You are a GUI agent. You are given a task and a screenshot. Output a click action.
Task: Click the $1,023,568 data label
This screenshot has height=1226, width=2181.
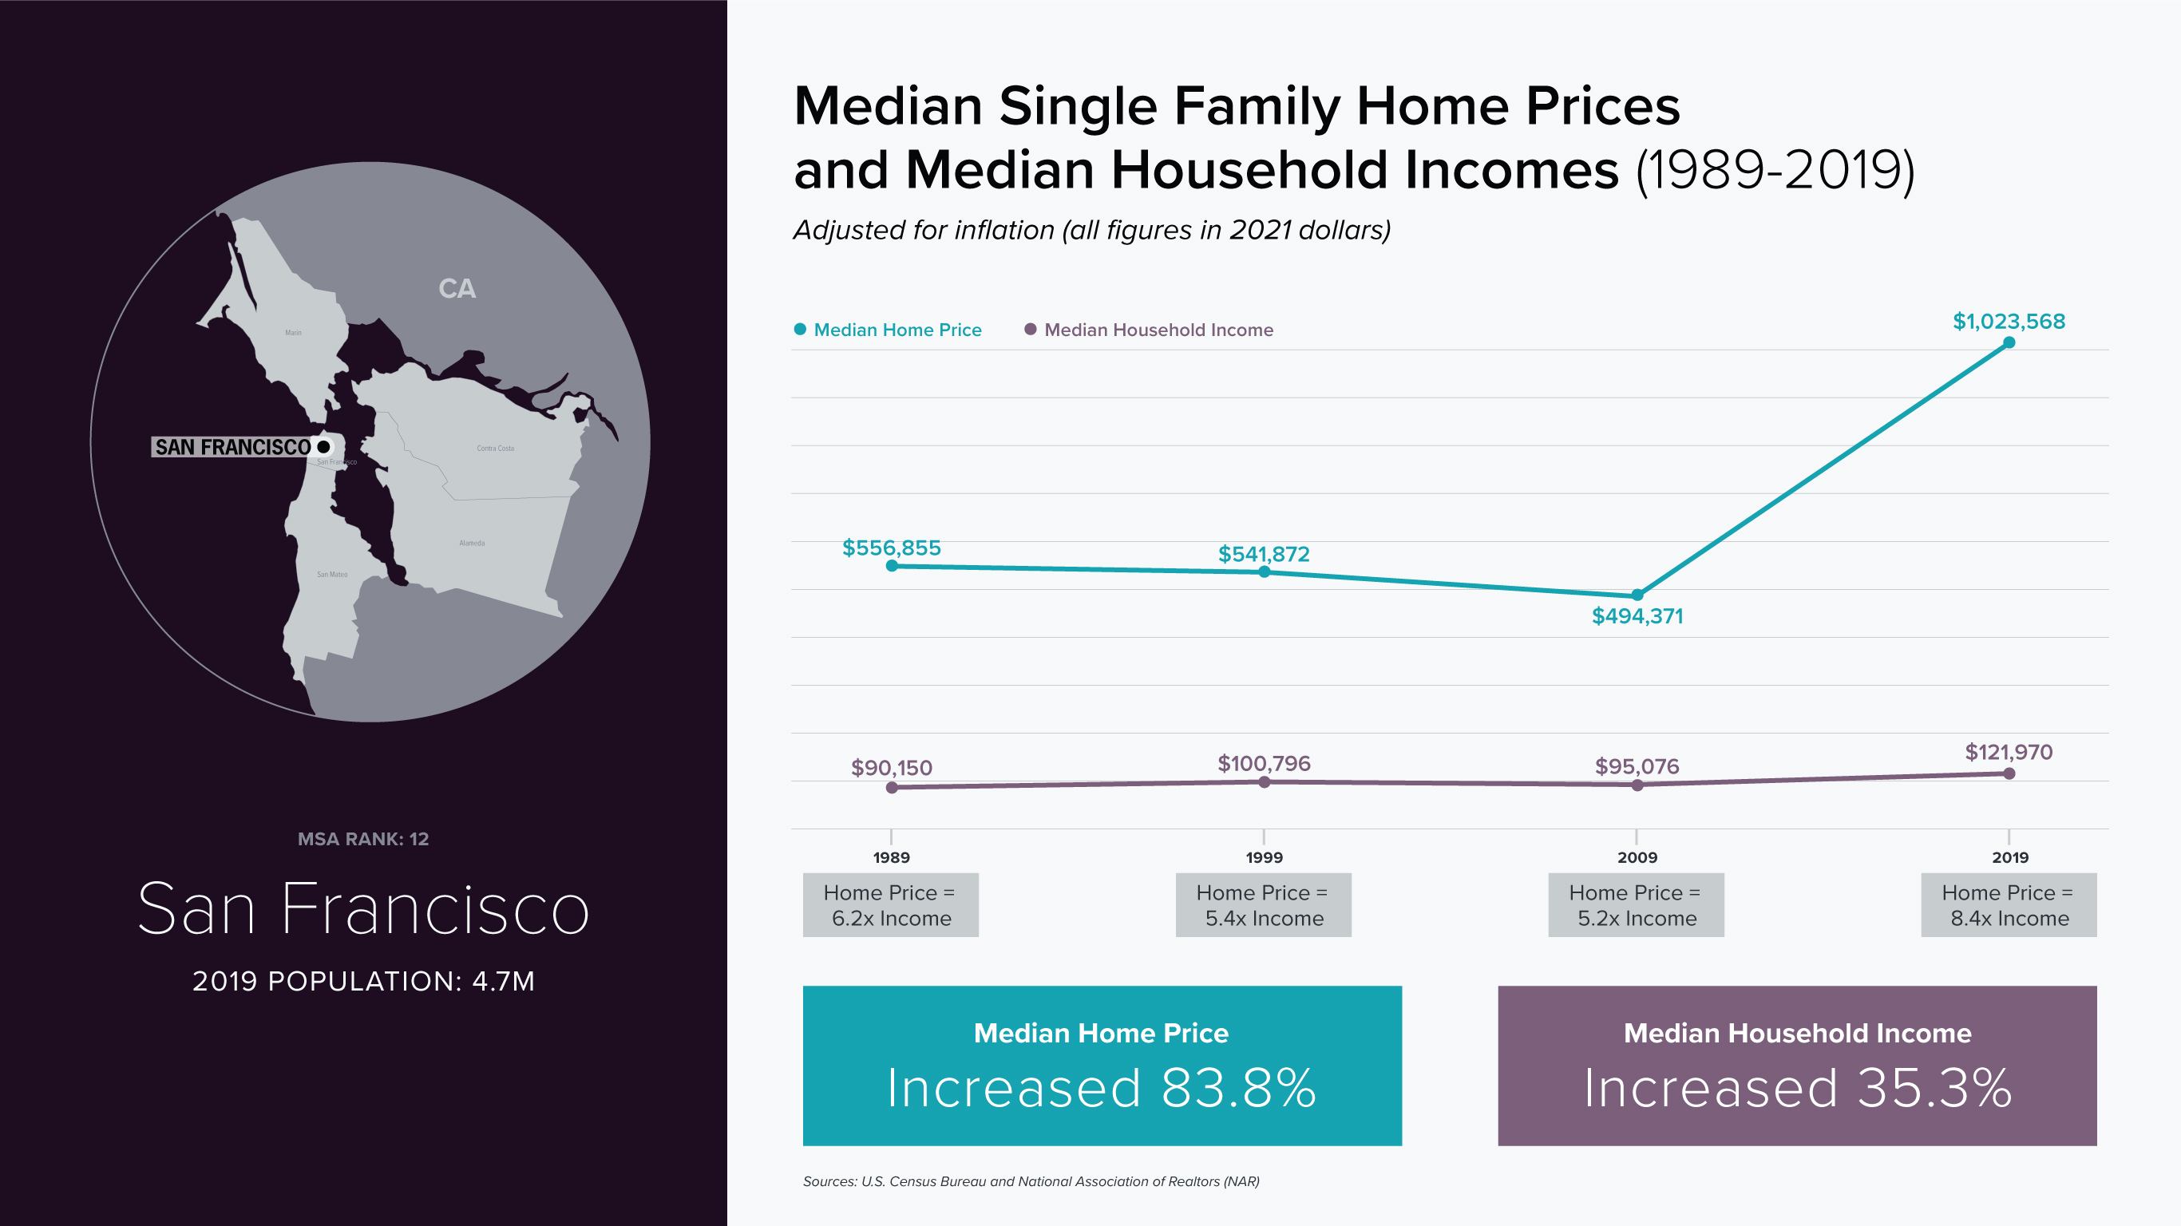(2009, 322)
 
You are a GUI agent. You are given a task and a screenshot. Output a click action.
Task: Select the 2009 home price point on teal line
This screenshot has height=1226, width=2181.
(1637, 595)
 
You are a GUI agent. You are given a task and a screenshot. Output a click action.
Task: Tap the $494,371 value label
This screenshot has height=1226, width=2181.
(1637, 616)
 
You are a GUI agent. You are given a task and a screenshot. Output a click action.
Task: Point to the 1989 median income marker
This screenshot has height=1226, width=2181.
(892, 788)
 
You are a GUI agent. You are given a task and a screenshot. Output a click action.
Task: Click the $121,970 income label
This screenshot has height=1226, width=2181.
(2009, 752)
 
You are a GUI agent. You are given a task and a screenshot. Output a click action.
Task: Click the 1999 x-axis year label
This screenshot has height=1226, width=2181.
(1264, 858)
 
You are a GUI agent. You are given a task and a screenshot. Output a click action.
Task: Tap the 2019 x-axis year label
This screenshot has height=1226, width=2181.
(2009, 858)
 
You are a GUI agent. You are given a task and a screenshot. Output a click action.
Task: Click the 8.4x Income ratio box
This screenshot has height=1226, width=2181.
(2009, 905)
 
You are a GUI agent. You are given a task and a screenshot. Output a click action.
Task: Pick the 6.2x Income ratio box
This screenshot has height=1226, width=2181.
(891, 905)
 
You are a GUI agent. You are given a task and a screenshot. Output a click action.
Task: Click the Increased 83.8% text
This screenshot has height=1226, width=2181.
(1102, 1088)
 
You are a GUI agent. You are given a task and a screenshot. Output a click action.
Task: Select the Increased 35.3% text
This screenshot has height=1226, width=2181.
(1797, 1088)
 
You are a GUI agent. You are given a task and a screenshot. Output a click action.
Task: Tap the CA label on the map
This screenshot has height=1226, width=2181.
(457, 289)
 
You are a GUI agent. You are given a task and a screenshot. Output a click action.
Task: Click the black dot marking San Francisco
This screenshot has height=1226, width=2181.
(323, 446)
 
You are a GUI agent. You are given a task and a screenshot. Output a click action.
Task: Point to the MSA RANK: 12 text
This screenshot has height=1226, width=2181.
(363, 839)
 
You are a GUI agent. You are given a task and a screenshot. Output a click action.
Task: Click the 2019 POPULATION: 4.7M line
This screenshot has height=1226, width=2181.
(363, 981)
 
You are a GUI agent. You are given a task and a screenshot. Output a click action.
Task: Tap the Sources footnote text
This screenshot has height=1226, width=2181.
(1031, 1181)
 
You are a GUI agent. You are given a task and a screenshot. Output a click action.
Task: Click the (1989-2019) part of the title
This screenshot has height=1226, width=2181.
(1775, 170)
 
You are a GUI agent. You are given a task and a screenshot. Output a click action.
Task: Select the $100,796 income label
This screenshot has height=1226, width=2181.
(1263, 764)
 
